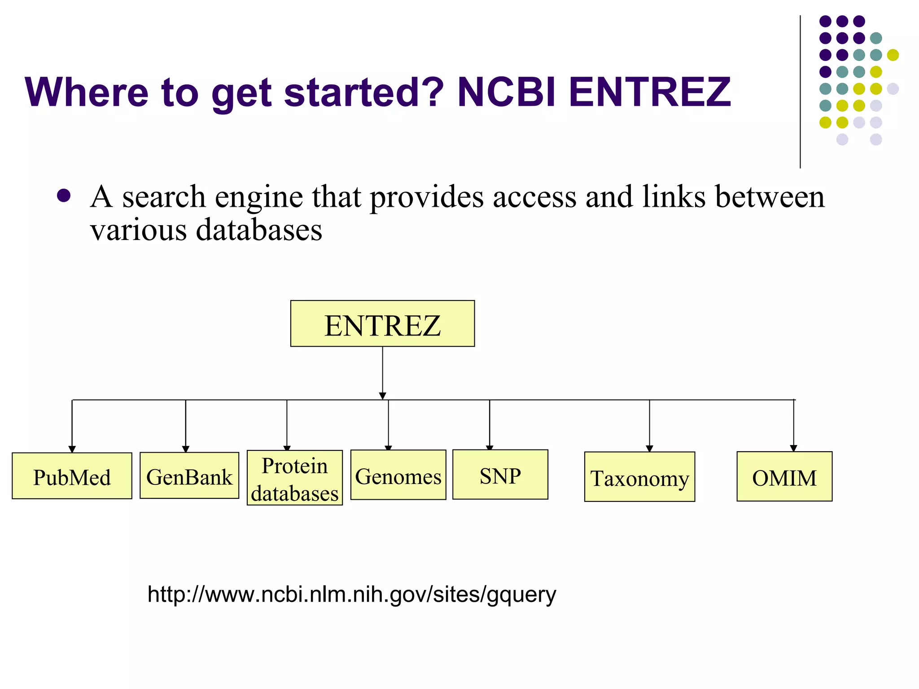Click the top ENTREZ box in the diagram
(382, 323)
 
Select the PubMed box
(72, 476)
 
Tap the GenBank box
(189, 475)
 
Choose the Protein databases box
(295, 478)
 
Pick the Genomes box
(398, 475)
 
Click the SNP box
(500, 475)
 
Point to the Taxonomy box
(639, 477)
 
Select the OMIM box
(784, 476)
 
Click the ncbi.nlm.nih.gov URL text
(352, 594)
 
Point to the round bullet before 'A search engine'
(64, 196)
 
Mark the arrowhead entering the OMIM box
(793, 448)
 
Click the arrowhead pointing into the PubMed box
(72, 449)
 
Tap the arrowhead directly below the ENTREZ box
(382, 396)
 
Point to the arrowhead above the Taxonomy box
(649, 448)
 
